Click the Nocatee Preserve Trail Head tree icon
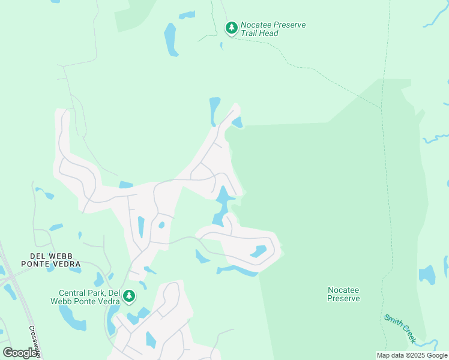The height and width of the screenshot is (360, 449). click(x=231, y=28)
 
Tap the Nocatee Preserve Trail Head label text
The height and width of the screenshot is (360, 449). click(x=273, y=29)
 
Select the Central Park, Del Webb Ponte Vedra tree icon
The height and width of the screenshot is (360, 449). click(x=128, y=296)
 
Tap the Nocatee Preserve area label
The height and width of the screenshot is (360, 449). click(x=343, y=293)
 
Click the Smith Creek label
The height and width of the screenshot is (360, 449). click(x=400, y=328)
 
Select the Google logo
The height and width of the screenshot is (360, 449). click(x=20, y=353)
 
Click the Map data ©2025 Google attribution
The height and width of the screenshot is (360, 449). click(x=412, y=355)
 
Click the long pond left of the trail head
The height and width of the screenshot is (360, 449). click(x=171, y=40)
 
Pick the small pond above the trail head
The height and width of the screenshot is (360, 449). click(x=187, y=14)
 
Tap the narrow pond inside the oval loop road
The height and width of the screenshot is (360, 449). click(x=259, y=251)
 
